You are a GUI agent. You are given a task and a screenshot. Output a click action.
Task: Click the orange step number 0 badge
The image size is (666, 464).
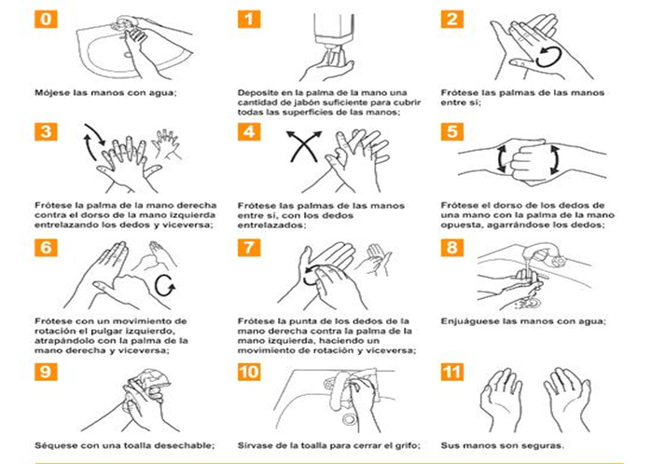[x=46, y=19]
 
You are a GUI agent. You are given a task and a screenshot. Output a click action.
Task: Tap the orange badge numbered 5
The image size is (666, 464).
[x=451, y=131]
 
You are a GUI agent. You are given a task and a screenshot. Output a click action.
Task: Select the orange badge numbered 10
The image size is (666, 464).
[x=249, y=372]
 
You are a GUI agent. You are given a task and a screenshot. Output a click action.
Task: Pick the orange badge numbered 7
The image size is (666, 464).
[x=249, y=248]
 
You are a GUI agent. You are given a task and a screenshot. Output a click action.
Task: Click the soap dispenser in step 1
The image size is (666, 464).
[x=333, y=32]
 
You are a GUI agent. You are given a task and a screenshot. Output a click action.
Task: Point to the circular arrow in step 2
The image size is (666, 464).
[x=548, y=57]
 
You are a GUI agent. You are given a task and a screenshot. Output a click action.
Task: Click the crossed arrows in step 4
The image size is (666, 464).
[x=304, y=146]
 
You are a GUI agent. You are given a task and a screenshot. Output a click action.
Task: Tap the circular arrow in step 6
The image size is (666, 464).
[x=165, y=285]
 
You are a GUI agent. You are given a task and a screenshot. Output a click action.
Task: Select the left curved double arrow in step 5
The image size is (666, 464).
[x=502, y=158]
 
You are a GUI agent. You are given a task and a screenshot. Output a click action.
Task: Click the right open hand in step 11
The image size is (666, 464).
[x=568, y=399]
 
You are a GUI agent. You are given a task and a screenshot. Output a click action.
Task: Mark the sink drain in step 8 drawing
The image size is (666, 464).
[x=530, y=303]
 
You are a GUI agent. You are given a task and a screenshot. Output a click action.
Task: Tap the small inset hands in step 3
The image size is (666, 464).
[x=167, y=144]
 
